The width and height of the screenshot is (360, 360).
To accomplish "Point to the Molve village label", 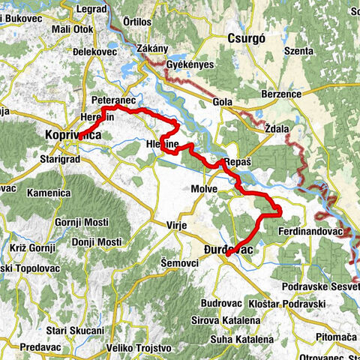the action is coord(203,190).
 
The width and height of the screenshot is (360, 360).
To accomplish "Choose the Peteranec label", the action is coord(112,99).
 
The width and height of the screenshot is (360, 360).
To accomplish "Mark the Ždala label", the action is coord(277,128).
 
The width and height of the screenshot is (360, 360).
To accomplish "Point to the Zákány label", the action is coord(152,49).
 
